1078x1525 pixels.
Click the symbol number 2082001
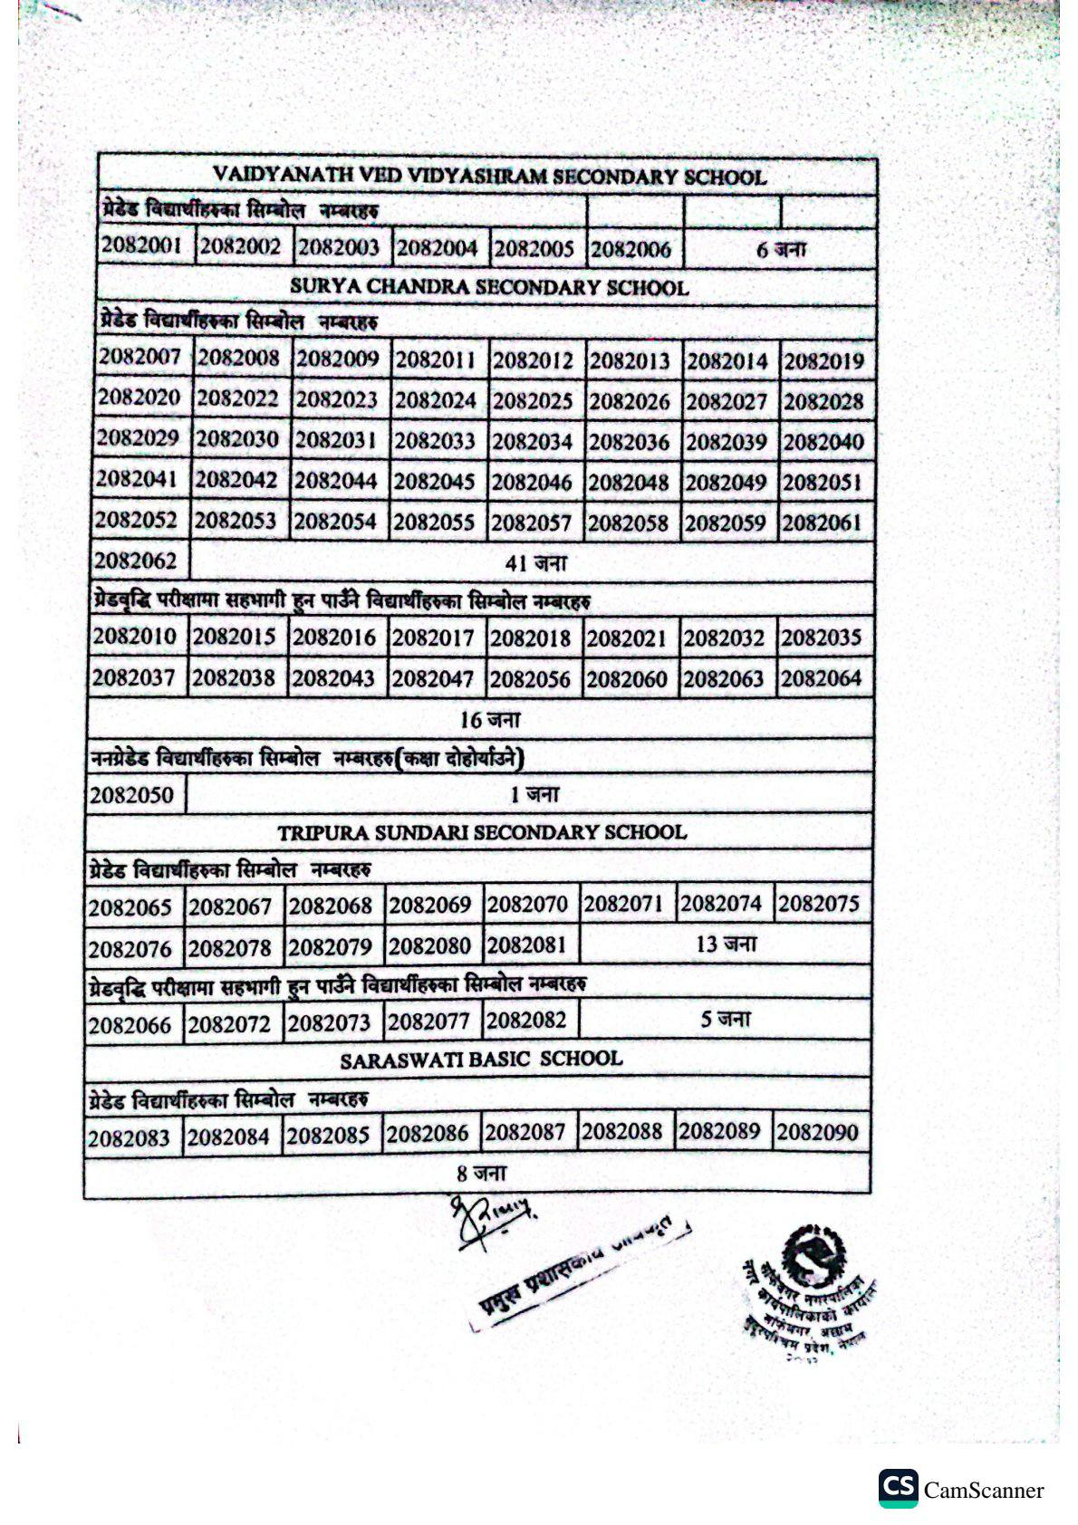143,245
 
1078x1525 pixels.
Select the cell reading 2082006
630,249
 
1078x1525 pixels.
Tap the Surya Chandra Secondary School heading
489,287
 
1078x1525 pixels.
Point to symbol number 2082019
823,361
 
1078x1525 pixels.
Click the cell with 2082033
435,441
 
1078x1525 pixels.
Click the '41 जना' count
535,563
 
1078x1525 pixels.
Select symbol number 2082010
135,637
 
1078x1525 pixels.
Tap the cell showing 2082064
822,678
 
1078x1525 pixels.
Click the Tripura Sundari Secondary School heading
482,832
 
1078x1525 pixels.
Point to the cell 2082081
527,945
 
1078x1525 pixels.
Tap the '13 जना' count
726,945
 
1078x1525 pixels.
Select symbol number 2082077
428,1022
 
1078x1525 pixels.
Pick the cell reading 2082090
817,1132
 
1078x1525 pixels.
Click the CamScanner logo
961,1489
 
